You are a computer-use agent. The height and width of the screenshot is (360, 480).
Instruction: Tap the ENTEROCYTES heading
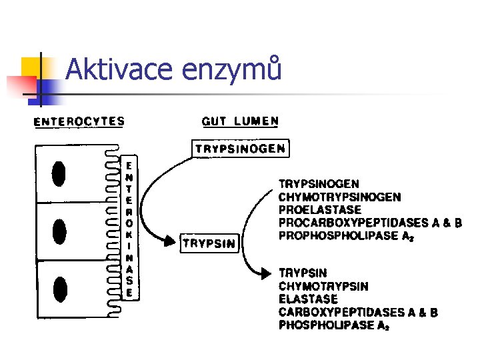click(x=79, y=121)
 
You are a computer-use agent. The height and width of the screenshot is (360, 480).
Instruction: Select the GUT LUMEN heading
click(x=240, y=121)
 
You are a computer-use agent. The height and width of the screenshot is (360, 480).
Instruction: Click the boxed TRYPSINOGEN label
click(x=241, y=149)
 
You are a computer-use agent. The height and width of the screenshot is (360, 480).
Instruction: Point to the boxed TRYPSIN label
click(x=209, y=243)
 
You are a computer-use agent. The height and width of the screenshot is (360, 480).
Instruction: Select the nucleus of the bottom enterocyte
click(x=61, y=288)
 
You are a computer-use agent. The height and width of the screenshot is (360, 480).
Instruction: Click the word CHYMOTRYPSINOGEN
click(x=339, y=197)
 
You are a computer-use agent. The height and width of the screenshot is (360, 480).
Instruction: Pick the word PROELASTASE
click(x=319, y=209)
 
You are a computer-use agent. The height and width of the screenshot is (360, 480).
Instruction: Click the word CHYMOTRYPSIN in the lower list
click(x=323, y=286)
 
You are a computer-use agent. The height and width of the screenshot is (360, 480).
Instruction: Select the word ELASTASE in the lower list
click(x=308, y=299)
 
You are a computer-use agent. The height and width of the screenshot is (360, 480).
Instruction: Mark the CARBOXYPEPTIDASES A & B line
click(x=358, y=313)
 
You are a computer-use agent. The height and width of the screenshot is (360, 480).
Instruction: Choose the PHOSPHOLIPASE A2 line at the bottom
click(x=334, y=326)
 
